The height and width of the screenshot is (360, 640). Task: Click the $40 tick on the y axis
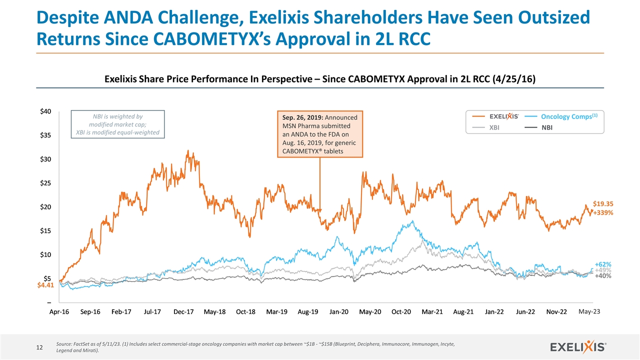tap(45, 111)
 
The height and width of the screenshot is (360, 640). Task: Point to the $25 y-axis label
tap(45, 183)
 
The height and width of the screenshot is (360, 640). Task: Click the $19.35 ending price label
tap(603, 203)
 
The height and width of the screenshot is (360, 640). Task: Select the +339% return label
tap(603, 212)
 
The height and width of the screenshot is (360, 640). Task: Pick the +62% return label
tap(603, 264)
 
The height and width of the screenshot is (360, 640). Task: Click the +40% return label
tap(603, 276)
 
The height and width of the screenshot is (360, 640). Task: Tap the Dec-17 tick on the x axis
tap(183, 312)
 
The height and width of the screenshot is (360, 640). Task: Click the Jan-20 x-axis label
tap(339, 312)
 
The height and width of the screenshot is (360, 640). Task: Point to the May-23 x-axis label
tap(588, 311)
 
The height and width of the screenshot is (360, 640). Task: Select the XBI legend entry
tap(494, 128)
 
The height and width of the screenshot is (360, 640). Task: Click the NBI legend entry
tap(547, 128)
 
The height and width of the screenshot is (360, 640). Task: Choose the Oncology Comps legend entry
tap(565, 116)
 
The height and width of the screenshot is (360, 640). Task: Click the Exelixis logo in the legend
tap(504, 116)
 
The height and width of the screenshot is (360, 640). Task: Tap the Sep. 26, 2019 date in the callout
tap(298, 117)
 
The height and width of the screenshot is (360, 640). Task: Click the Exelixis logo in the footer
tap(578, 346)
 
